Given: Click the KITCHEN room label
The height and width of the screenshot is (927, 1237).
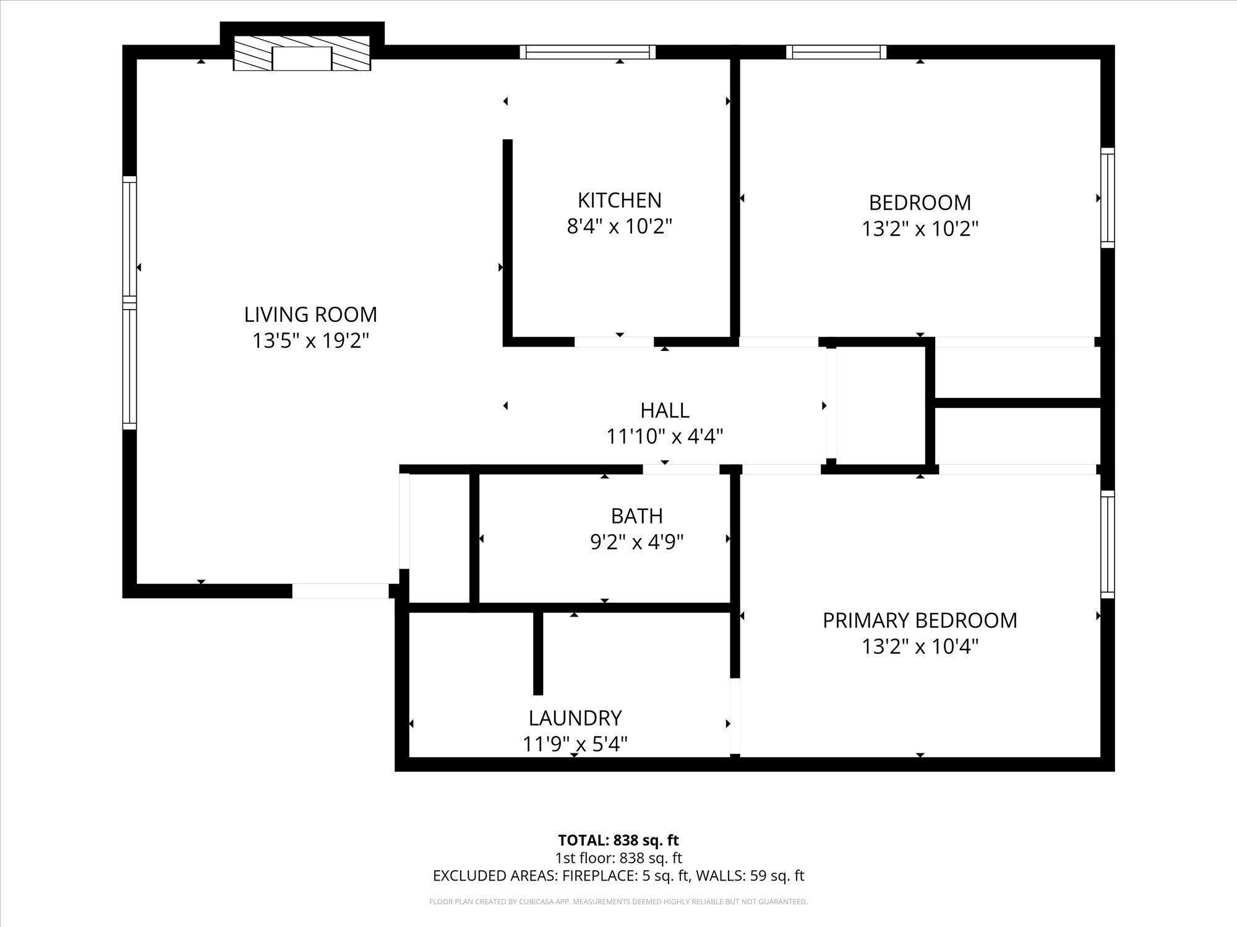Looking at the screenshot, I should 619,200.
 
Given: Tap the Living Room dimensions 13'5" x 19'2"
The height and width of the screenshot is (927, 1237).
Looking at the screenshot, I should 310,341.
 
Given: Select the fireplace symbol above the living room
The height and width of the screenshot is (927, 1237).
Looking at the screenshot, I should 302,53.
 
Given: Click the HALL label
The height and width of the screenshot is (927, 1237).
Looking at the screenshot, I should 664,410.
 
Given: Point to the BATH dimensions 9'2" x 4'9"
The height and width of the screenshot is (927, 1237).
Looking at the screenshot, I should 636,543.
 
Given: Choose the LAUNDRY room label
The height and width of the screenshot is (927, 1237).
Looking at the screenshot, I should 575,718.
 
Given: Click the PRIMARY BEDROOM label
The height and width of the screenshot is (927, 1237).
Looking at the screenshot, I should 919,620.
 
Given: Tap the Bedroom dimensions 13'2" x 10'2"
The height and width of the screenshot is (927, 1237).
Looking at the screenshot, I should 920,229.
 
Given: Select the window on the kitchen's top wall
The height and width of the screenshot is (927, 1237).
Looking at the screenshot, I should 587,52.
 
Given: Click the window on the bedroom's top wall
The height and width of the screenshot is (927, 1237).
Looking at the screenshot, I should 836,52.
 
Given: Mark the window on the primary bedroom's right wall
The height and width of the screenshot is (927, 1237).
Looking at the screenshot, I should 1107,544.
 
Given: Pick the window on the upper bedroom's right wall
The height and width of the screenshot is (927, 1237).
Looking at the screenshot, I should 1107,198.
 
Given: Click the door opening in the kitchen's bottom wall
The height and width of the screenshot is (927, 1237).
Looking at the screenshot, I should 614,342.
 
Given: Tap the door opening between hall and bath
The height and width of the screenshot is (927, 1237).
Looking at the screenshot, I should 680,470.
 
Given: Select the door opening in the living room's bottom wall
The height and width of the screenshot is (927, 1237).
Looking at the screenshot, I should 340,591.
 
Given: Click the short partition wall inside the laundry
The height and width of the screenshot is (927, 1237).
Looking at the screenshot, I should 538,653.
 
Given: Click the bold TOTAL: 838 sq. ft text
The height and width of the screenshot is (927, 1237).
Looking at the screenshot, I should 618,840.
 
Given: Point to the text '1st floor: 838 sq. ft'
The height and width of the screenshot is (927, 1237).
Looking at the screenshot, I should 618,858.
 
